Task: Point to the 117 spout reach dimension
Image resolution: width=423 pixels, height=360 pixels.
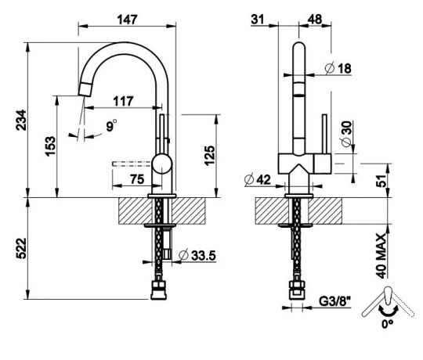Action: tap(122, 101)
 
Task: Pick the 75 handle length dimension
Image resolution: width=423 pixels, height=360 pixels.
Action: tap(135, 179)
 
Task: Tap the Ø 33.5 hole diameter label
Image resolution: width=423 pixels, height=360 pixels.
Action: tap(197, 255)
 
